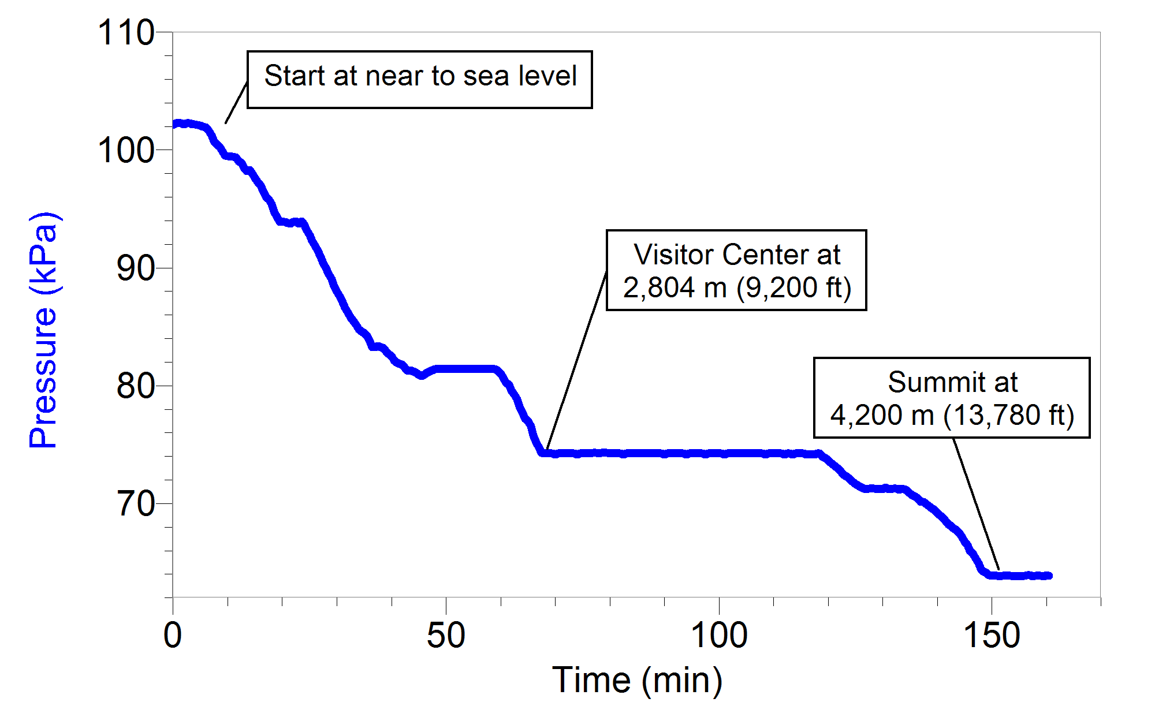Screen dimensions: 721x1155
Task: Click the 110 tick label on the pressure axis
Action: (x=126, y=33)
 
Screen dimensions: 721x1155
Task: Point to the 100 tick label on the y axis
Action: (x=126, y=151)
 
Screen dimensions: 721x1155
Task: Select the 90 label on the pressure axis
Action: (x=135, y=268)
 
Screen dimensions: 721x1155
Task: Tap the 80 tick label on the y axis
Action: (x=135, y=386)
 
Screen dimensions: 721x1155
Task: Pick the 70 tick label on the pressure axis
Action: (x=135, y=504)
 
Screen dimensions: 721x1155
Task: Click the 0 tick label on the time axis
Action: (x=173, y=636)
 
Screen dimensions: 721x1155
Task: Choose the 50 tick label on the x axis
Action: (x=446, y=636)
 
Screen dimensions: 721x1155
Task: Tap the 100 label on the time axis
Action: (x=719, y=636)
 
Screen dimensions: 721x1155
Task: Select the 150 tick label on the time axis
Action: (x=992, y=636)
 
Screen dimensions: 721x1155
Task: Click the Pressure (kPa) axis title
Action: (x=43, y=330)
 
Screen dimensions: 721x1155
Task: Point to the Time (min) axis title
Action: (x=637, y=680)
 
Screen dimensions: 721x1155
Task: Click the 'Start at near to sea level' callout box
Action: (x=420, y=80)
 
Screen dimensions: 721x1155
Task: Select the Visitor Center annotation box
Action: (x=736, y=270)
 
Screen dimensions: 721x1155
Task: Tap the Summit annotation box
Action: (x=952, y=398)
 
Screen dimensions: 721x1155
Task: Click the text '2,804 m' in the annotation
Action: (x=675, y=287)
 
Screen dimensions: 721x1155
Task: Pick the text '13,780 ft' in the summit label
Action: (x=1008, y=415)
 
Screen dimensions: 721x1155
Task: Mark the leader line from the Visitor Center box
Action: (x=576, y=361)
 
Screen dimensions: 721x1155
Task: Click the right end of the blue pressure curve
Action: (x=1049, y=576)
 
